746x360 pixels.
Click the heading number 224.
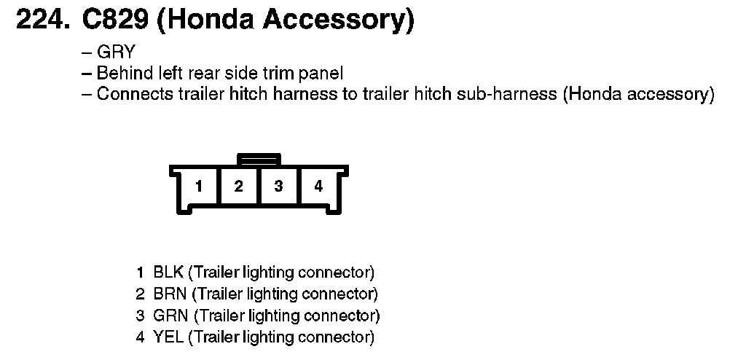pyautogui.click(x=42, y=20)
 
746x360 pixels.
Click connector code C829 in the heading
pyautogui.click(x=113, y=20)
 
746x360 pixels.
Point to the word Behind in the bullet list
pyautogui.click(x=121, y=74)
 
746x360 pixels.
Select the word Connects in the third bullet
pyautogui.click(x=127, y=95)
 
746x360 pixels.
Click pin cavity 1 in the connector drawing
pyautogui.click(x=198, y=187)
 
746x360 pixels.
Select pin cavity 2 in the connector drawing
pyautogui.click(x=238, y=187)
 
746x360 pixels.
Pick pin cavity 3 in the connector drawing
pyautogui.click(x=278, y=187)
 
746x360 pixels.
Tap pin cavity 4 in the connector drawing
pyautogui.click(x=318, y=187)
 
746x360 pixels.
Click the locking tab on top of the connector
pyautogui.click(x=259, y=157)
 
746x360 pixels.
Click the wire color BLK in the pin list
pyautogui.click(x=168, y=274)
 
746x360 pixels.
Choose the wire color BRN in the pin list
pyautogui.click(x=170, y=295)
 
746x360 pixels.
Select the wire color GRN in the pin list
pyautogui.click(x=170, y=316)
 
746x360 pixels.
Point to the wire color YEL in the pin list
pyautogui.click(x=168, y=337)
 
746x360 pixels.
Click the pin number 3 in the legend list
pyautogui.click(x=140, y=316)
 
